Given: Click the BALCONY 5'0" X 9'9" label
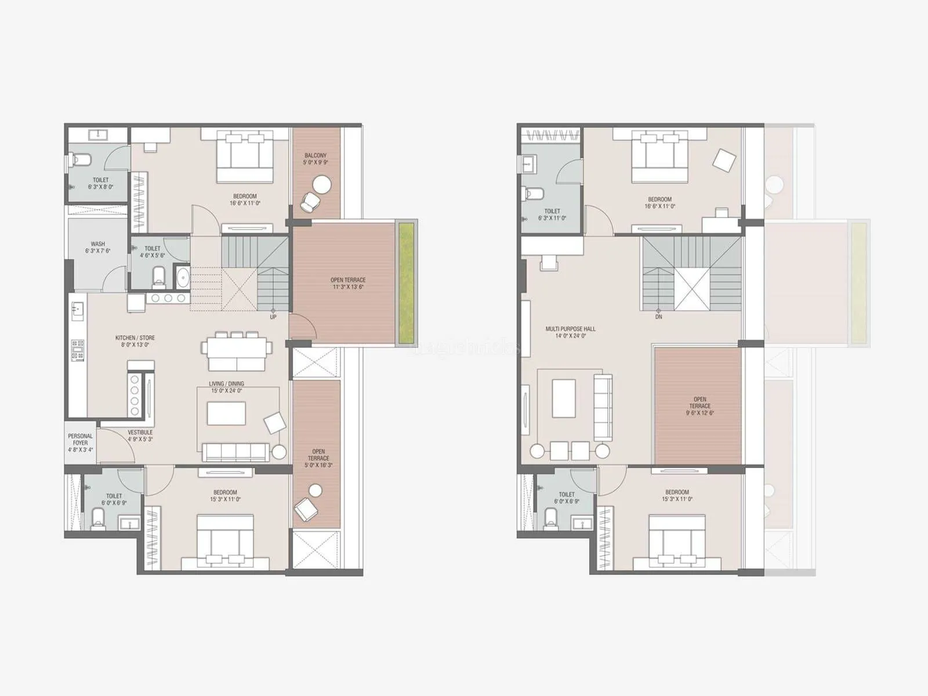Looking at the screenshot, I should click(316, 159).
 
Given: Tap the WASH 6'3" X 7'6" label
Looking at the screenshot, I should click(97, 248).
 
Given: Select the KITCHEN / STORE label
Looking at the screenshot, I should click(135, 341).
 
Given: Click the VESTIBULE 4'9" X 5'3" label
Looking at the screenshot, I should click(140, 436).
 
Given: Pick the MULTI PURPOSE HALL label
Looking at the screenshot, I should click(570, 332).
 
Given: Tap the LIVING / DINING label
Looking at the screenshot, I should click(226, 387).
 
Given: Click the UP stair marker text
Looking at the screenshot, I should click(273, 317).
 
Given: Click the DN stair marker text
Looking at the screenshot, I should click(658, 317).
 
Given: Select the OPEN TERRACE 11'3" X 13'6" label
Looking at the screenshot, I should click(348, 283).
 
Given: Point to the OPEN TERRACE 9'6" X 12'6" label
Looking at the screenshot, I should click(699, 406).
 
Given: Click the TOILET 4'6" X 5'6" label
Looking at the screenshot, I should click(152, 252).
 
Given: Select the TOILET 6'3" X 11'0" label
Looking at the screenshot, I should click(552, 215).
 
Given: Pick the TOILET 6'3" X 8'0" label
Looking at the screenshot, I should click(100, 183).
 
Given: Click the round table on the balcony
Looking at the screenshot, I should click(321, 184).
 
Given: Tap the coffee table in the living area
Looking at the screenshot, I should click(226, 413).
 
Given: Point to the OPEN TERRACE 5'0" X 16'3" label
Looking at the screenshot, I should click(318, 458).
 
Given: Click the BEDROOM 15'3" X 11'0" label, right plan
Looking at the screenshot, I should click(677, 495).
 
